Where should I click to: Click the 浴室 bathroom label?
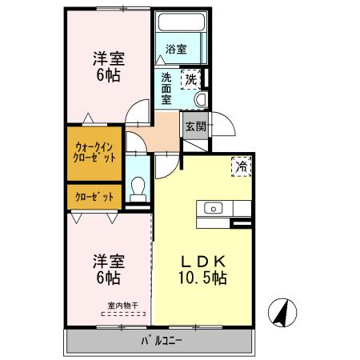click(x=176, y=49)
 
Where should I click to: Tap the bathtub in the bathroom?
click(x=182, y=22)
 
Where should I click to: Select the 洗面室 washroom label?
click(x=166, y=89)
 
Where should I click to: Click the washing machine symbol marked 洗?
click(x=191, y=79)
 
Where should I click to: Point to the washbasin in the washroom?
click(x=202, y=99)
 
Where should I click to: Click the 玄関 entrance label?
click(x=196, y=126)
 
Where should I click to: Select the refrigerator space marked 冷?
click(x=242, y=166)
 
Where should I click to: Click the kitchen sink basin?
click(x=214, y=208)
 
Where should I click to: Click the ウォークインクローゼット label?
click(x=94, y=153)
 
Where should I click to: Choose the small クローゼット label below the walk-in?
click(x=94, y=197)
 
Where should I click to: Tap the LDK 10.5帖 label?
click(x=203, y=270)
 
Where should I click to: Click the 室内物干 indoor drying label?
click(x=122, y=306)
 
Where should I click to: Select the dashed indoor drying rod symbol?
click(x=123, y=314)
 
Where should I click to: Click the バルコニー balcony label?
click(x=162, y=341)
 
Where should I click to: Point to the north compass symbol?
click(x=282, y=313)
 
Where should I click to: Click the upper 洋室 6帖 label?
click(x=109, y=66)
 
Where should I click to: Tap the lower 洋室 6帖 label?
click(x=109, y=270)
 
